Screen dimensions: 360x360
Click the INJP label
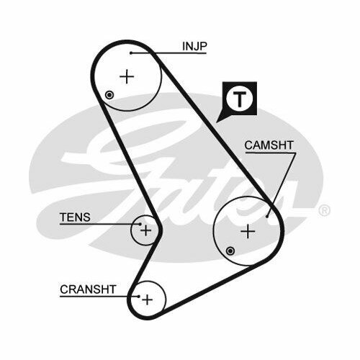point(194,46)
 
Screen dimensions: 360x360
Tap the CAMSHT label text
point(269,145)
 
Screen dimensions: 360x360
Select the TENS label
point(75,217)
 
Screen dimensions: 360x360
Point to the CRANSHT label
point(88,289)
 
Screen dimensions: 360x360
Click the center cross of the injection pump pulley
point(127,77)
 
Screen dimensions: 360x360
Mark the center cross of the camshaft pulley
point(248,232)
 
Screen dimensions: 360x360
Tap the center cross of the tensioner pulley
point(145,230)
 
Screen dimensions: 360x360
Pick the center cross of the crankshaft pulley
point(147,300)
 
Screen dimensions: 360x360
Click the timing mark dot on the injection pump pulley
point(109,95)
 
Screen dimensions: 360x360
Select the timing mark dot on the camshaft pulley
point(230,251)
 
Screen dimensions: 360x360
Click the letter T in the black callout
point(239,99)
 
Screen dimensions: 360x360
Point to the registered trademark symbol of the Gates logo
point(324,210)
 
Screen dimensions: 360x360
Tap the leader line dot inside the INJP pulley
point(131,53)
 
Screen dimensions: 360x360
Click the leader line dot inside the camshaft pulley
point(267,217)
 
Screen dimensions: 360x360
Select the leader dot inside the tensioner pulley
point(140,225)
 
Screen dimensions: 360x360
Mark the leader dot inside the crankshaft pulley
point(139,297)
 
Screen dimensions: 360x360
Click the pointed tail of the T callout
point(217,122)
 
